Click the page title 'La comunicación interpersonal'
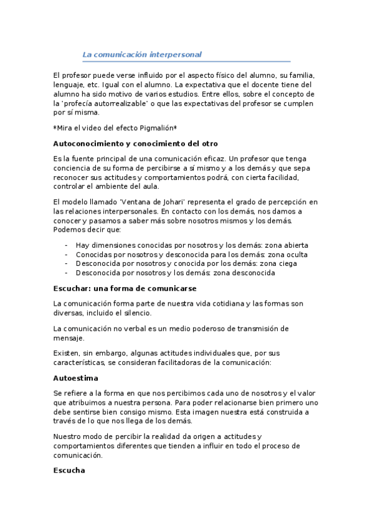pyautogui.click(x=142, y=54)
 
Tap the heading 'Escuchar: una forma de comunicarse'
pyautogui.click(x=125, y=288)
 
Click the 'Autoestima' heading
pyautogui.click(x=76, y=377)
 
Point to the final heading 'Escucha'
pyautogui.click(x=69, y=471)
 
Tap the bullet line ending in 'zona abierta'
pyautogui.click(x=192, y=245)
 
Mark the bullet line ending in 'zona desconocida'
pyautogui.click(x=175, y=273)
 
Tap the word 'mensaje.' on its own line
pyautogui.click(x=68, y=338)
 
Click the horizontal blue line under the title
pyautogui.click(x=187, y=62)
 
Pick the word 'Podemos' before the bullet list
pyautogui.click(x=69, y=230)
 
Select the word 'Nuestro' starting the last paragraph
pyautogui.click(x=68, y=436)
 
